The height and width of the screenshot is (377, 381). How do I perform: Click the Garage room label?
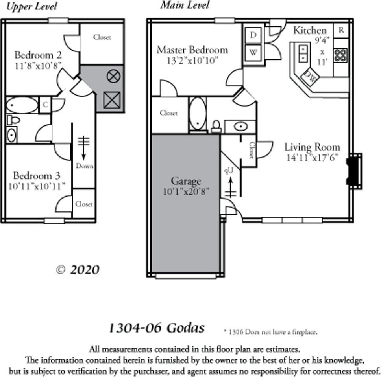point(185,181)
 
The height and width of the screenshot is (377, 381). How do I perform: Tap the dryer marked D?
point(253,35)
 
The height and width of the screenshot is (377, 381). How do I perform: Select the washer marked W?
point(253,52)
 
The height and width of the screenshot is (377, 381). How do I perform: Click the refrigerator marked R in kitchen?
point(341,30)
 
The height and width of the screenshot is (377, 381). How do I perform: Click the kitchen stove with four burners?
point(340,55)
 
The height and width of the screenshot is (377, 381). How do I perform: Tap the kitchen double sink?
point(303,53)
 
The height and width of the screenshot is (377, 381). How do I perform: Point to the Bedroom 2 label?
point(38,55)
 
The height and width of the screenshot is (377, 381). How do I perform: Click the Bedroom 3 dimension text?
point(37,186)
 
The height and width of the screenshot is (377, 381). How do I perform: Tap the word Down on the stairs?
point(84,166)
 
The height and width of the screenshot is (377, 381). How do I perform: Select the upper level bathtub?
point(22,105)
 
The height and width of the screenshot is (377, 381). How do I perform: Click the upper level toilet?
point(13,120)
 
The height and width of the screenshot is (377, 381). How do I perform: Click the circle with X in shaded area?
point(113,76)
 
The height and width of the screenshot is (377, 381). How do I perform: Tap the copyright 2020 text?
point(78,270)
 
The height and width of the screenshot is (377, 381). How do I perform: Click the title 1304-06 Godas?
point(156,327)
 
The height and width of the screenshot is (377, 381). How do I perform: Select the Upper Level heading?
point(32,7)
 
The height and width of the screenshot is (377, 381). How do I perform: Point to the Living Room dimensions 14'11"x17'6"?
point(313,158)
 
